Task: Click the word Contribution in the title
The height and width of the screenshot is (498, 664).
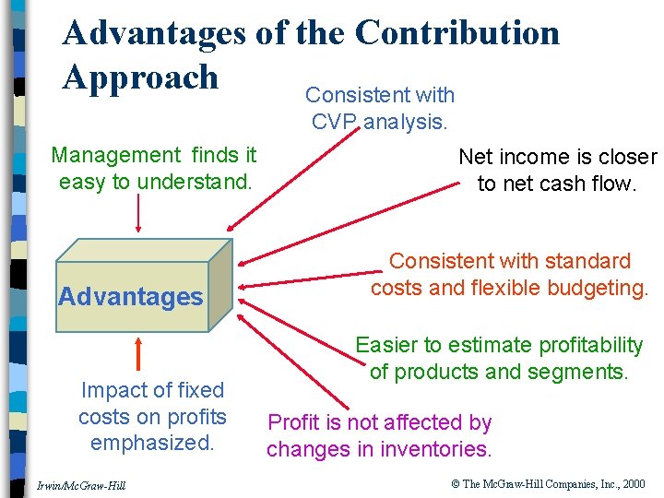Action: pos(456,33)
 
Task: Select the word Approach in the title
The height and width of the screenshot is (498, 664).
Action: pos(140,77)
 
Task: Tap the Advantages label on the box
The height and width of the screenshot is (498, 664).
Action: pos(130,297)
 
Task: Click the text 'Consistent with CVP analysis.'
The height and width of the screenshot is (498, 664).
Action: pos(380,108)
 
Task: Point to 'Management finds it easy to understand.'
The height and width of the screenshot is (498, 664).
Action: pos(154,169)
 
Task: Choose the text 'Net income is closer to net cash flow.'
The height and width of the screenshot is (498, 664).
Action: pos(557,171)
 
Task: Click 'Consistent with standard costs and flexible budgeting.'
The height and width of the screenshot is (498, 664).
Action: pos(509,275)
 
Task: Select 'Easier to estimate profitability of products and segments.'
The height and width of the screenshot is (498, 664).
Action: pos(499,359)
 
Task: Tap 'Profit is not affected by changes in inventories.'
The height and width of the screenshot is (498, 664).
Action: pos(379,436)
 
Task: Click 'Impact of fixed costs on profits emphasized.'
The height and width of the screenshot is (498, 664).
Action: pos(152,416)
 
